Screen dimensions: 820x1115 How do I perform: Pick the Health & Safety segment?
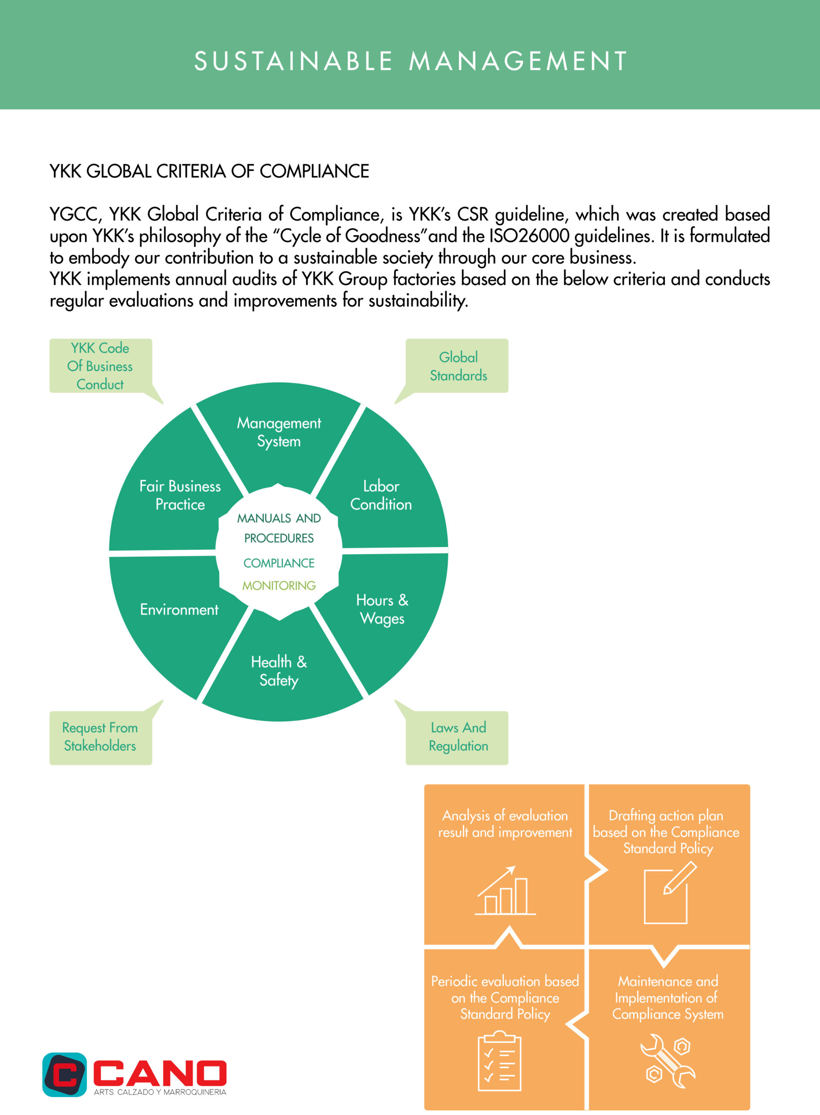point(280,670)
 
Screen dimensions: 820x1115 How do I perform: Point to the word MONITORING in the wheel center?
point(279,586)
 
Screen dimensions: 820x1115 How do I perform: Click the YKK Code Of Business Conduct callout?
point(101,366)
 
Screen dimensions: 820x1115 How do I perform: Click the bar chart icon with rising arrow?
point(505,891)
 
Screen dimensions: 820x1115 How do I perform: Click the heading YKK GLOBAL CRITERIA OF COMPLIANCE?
point(209,171)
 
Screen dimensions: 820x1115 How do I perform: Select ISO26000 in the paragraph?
point(529,236)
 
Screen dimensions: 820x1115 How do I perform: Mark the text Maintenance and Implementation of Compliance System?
point(668,998)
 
